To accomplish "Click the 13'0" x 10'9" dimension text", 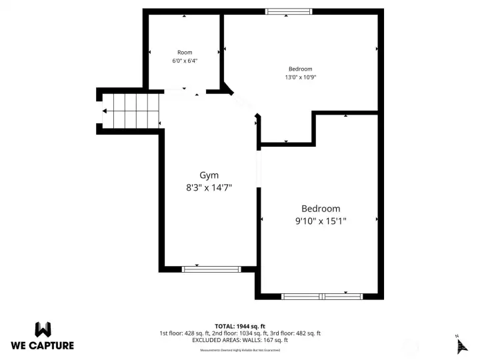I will (x=300, y=77).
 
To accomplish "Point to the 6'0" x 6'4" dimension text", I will (x=185, y=61).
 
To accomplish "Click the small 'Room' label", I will (x=185, y=52).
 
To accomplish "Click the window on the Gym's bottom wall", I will (x=211, y=269).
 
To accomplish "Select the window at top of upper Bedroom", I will (x=288, y=11).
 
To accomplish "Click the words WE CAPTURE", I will (x=43, y=345).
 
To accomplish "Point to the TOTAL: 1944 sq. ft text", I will (x=239, y=326).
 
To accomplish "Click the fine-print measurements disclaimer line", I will (x=239, y=349).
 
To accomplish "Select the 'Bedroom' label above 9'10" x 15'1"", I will (x=321, y=209).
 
